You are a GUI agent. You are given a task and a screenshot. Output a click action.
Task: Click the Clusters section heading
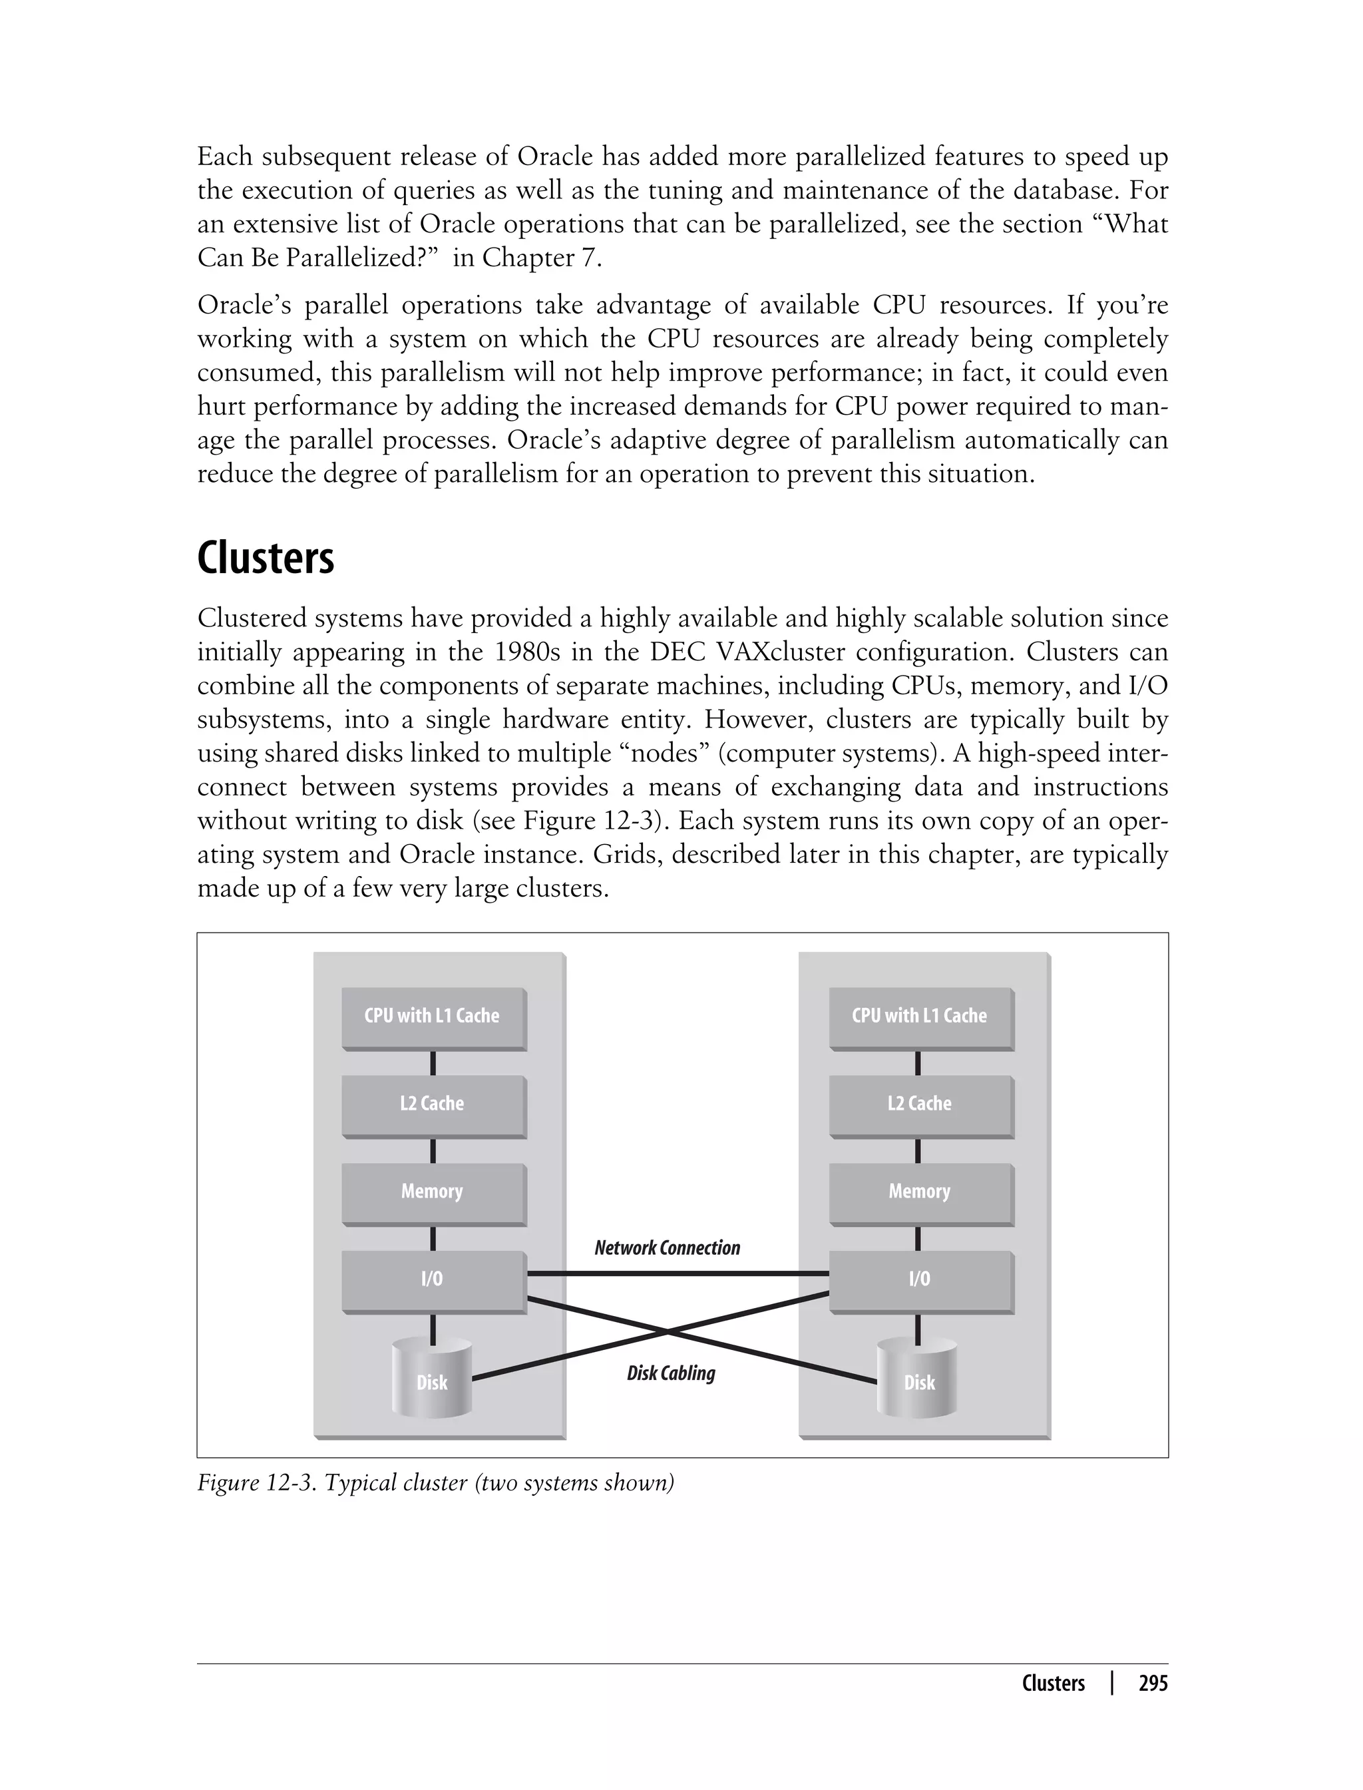266,559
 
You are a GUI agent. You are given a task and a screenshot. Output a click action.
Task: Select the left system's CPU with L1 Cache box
433,1016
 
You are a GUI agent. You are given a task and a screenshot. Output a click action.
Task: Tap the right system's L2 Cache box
919,1104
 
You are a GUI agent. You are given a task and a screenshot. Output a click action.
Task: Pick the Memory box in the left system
433,1191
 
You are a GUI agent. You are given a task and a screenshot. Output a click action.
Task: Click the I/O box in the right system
919,1279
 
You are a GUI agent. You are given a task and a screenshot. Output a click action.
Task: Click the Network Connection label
667,1248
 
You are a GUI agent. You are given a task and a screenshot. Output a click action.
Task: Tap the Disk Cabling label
671,1373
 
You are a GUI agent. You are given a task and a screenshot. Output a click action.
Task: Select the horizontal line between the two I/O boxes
678,1274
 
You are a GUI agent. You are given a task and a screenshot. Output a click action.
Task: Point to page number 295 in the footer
1153,1683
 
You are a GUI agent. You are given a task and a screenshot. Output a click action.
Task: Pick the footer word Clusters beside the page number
1053,1683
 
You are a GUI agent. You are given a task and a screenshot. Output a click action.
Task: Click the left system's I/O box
433,1279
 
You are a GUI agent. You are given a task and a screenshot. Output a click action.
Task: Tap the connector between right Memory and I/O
918,1238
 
